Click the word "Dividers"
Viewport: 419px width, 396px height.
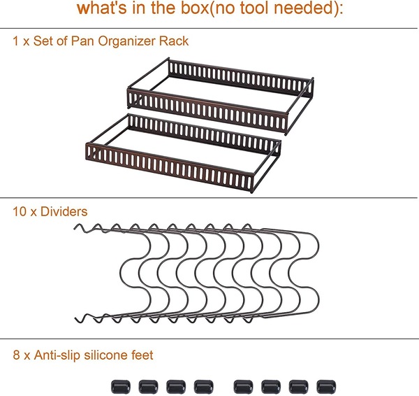click(x=64, y=211)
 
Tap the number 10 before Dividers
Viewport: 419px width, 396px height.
click(x=20, y=211)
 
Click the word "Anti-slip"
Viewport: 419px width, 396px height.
click(x=57, y=355)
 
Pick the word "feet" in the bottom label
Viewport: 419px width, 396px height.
click(x=142, y=355)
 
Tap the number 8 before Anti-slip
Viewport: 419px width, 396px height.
click(x=16, y=355)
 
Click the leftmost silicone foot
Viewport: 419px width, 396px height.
click(x=121, y=387)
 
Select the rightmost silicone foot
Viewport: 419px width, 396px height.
click(x=326, y=387)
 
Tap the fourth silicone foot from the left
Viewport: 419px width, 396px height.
click(x=204, y=387)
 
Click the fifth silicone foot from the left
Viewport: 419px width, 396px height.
click(x=243, y=387)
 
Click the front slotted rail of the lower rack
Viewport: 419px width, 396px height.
click(x=170, y=167)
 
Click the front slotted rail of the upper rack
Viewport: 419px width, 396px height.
click(x=208, y=112)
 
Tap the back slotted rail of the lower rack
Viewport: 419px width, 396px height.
click(x=205, y=132)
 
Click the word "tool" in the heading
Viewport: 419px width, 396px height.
click(x=254, y=8)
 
